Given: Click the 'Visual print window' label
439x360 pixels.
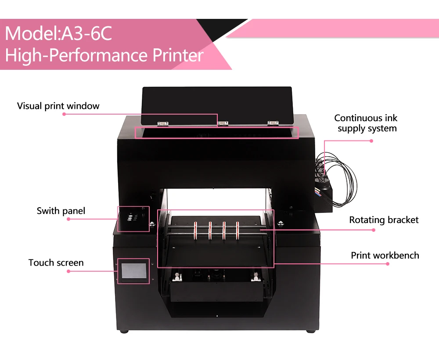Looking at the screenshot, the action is pyautogui.click(x=58, y=106).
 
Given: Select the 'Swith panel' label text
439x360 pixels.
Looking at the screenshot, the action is pyautogui.click(x=61, y=211).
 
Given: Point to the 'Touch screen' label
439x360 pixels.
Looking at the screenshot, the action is pyautogui.click(x=56, y=263).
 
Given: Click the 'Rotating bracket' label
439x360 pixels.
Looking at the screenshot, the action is pyautogui.click(x=384, y=220).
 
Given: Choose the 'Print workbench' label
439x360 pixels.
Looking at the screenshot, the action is pyautogui.click(x=385, y=256).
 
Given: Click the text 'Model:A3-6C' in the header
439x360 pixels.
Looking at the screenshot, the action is pyautogui.click(x=58, y=34).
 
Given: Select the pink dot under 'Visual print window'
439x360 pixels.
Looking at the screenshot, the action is pyautogui.click(x=64, y=114).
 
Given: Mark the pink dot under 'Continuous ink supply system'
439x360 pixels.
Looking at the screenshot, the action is pyautogui.click(x=371, y=141).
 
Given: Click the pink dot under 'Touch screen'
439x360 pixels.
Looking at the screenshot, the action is pyautogui.click(x=68, y=271).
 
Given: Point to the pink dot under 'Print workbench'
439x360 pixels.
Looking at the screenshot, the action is pyautogui.click(x=388, y=264).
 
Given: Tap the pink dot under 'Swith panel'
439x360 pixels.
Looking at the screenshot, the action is pyautogui.click(x=68, y=219).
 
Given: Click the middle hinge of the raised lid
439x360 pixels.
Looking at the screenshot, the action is pyautogui.click(x=223, y=123).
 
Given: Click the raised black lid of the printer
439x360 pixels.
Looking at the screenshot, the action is pyautogui.click(x=217, y=103).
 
